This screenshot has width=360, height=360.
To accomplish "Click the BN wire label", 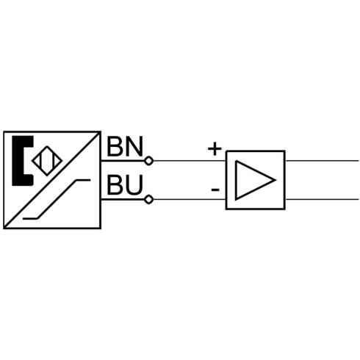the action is tap(125, 147).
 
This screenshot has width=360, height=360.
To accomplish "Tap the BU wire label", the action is tap(125, 184).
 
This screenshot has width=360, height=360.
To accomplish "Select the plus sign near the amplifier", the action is tap(215, 148).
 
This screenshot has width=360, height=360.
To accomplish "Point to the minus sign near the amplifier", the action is tap(215, 190).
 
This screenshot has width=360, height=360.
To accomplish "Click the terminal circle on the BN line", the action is tap(148, 161).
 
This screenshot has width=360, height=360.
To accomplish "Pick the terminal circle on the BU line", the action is tap(148, 200).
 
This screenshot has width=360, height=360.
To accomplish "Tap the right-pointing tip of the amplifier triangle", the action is tap(276, 180).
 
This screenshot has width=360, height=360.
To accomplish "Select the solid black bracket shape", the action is tap(22, 161).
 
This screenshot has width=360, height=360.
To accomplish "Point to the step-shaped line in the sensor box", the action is tap(57, 199).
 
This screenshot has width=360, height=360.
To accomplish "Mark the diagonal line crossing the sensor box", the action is tap(52, 180).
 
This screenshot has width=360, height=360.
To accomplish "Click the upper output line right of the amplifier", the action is tap(322, 161).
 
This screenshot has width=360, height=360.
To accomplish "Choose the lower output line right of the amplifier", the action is tap(322, 199).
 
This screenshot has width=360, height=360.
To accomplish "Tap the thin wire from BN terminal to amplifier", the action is tap(190, 161).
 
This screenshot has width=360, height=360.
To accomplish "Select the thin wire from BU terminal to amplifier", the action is tap(190, 200).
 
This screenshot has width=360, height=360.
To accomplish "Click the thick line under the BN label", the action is tap(123, 161).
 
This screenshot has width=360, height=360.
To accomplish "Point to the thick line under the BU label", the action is tap(123, 200).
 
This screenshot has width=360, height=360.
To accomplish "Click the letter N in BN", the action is tap(134, 147).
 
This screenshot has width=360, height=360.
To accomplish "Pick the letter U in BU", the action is tap(134, 185).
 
